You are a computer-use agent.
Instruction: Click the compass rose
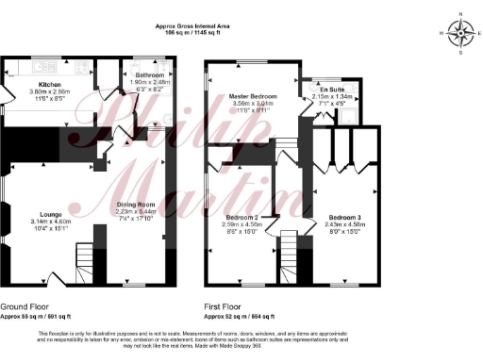460,33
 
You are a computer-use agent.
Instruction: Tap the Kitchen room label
49,83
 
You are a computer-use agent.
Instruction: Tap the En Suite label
332,89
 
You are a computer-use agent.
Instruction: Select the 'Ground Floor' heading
26,308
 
